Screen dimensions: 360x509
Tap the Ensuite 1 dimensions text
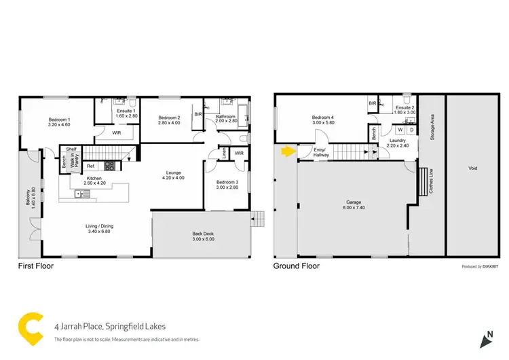(127, 116)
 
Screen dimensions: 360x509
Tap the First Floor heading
(35, 266)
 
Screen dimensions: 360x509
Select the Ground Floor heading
(296, 266)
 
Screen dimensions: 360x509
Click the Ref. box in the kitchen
(90, 166)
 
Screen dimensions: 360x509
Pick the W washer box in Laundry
(400, 130)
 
